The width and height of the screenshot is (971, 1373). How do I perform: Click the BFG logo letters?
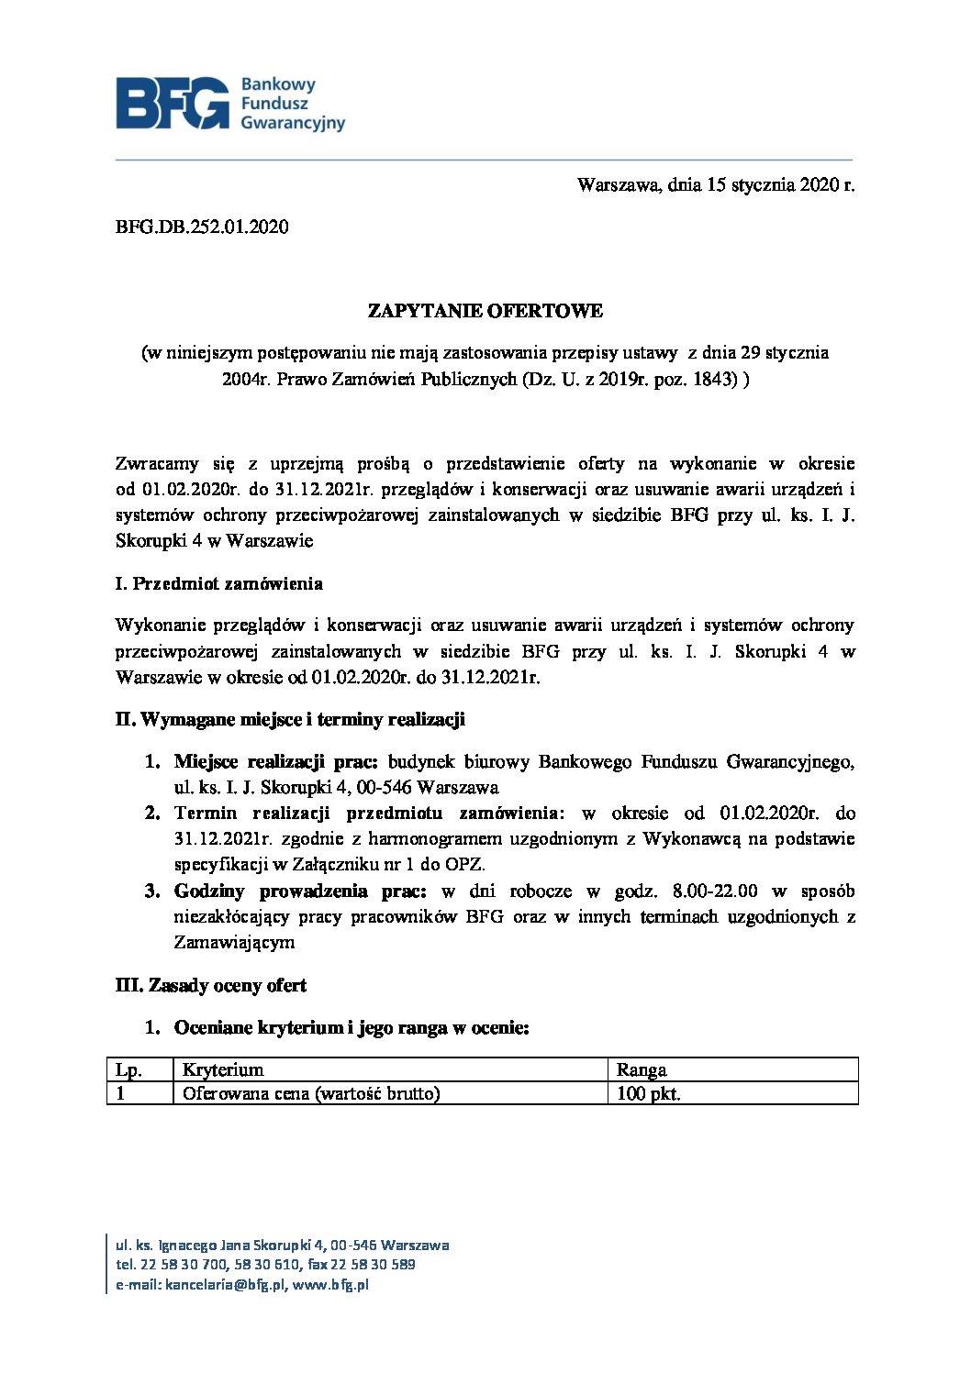pyautogui.click(x=173, y=103)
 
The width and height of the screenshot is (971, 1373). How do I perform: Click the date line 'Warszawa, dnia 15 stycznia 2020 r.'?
pyautogui.click(x=715, y=185)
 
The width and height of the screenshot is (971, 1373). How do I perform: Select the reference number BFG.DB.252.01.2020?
pyautogui.click(x=202, y=227)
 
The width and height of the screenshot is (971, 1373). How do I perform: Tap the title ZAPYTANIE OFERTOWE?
pyautogui.click(x=485, y=311)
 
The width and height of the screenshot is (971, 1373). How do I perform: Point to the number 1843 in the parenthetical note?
pyautogui.click(x=717, y=379)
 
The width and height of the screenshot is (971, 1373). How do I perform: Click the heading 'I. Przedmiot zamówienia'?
pyautogui.click(x=218, y=583)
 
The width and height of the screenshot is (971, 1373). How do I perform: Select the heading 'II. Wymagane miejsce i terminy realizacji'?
pyautogui.click(x=290, y=719)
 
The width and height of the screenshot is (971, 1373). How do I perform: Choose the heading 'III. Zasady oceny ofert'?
pyautogui.click(x=210, y=985)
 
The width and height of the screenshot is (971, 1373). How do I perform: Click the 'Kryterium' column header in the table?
pyautogui.click(x=223, y=1069)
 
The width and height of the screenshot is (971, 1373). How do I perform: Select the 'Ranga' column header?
pyautogui.click(x=642, y=1069)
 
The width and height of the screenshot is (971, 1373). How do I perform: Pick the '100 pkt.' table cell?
pyautogui.click(x=649, y=1093)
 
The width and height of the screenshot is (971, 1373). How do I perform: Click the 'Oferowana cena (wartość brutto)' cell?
pyautogui.click(x=311, y=1093)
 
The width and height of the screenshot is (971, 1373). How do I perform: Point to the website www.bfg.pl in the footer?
pyautogui.click(x=330, y=1285)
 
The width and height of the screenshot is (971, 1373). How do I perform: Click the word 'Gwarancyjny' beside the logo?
pyautogui.click(x=292, y=124)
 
